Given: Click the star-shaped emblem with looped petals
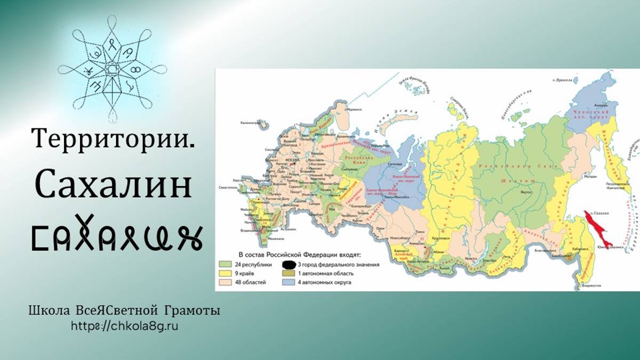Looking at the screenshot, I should (113, 68).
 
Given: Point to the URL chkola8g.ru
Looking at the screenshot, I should (124, 325).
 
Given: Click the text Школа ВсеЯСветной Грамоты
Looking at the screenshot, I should (124, 311).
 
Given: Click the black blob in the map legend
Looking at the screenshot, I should (289, 264).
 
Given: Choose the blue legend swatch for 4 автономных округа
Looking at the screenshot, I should (289, 282).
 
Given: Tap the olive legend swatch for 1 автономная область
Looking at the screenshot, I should (289, 273).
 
